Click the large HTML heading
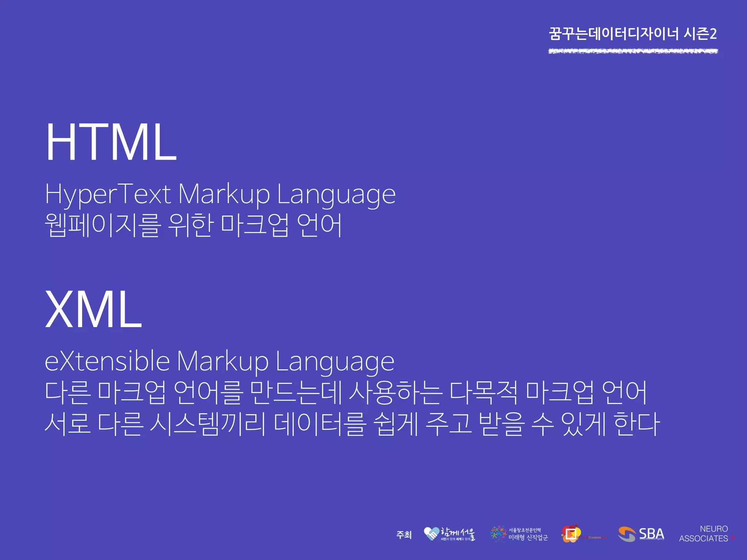(111, 142)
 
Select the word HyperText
(108, 194)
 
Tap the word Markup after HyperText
(224, 194)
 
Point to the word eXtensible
(107, 361)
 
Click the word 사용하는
(396, 392)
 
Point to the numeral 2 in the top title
(713, 34)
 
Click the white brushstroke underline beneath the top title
(633, 51)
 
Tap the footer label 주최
(404, 535)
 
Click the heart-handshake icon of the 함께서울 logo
(431, 534)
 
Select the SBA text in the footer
(651, 533)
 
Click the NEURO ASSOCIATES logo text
(704, 534)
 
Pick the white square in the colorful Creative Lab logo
(571, 534)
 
